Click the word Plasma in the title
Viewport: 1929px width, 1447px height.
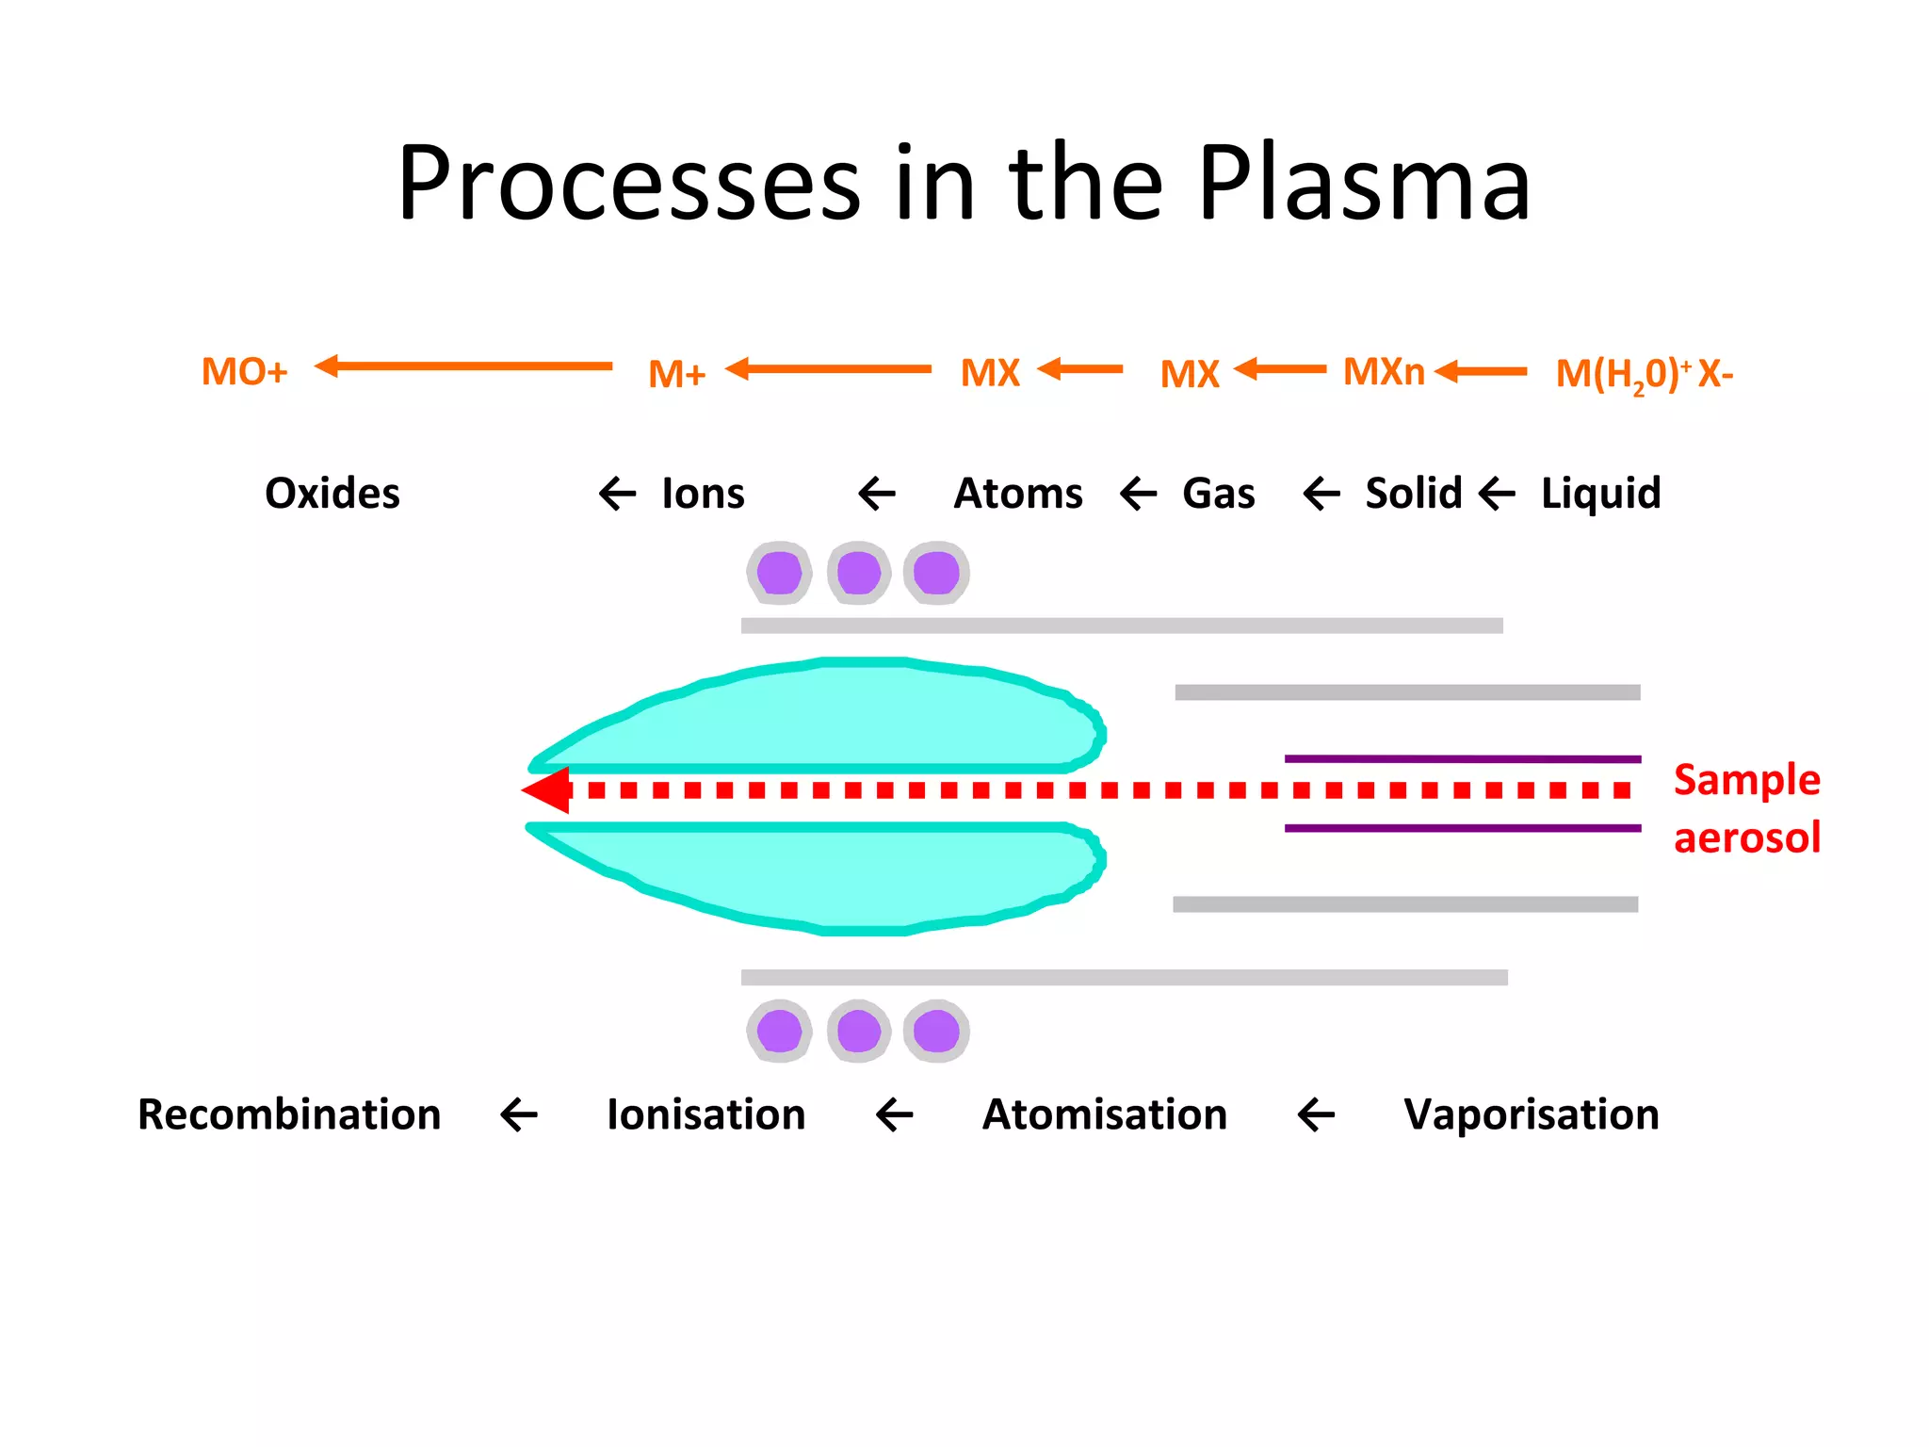coord(1364,184)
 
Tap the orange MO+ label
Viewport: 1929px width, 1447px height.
coord(244,372)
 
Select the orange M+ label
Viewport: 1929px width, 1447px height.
coord(676,375)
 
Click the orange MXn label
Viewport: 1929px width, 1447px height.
coord(1383,372)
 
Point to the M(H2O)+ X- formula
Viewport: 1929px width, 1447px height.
coord(1643,374)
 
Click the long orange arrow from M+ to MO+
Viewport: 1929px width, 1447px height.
coord(463,366)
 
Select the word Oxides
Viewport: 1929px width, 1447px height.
coord(332,494)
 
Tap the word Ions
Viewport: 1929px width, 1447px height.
coord(703,494)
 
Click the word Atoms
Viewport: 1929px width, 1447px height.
coord(1018,494)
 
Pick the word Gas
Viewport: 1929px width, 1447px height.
coord(1218,494)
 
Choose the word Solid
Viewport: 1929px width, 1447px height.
coord(1413,494)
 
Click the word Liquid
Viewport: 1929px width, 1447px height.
coord(1600,494)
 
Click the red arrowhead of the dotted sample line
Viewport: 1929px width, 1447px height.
coord(548,789)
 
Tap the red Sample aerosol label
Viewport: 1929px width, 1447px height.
coord(1746,808)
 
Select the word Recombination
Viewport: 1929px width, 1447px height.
coord(289,1114)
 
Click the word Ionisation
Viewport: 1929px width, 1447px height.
coord(706,1114)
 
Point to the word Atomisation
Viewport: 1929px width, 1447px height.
coord(1105,1114)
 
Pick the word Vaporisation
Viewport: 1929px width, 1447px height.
coord(1531,1114)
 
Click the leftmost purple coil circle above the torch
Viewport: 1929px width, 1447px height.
coord(779,573)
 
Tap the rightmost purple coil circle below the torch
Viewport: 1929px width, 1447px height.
coord(936,1031)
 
